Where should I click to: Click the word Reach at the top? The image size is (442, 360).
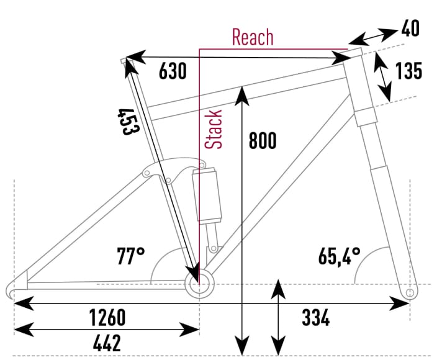pyautogui.click(x=252, y=37)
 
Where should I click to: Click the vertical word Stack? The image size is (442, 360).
pyautogui.click(x=214, y=129)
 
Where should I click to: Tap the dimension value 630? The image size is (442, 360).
pyautogui.click(x=173, y=71)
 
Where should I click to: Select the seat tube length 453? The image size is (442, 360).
pyautogui.click(x=129, y=122)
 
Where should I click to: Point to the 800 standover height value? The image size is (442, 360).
pyautogui.click(x=263, y=141)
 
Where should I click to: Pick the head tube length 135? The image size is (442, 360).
pyautogui.click(x=408, y=71)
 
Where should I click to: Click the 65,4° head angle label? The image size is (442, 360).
pyautogui.click(x=340, y=255)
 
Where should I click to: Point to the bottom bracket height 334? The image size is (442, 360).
pyautogui.click(x=315, y=318)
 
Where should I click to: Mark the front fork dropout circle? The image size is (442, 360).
pyautogui.click(x=409, y=292)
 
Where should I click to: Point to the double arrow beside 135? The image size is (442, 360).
pyautogui.click(x=385, y=76)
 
